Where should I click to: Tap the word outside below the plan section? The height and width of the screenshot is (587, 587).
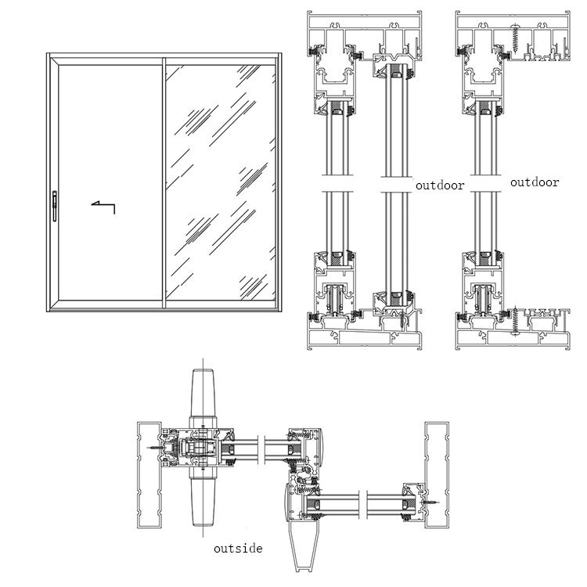tap(238, 549)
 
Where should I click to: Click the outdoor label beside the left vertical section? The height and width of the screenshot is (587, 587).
tap(439, 185)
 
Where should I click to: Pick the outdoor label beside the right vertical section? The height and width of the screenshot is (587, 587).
tap(535, 182)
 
